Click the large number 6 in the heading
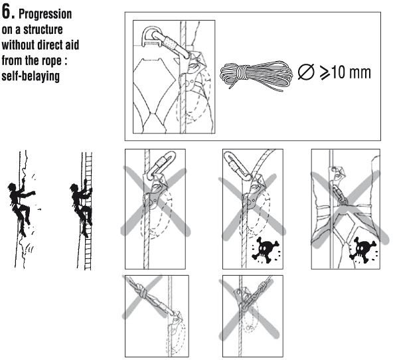click(x=7, y=13)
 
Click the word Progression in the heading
click(x=45, y=14)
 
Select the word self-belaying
click(x=31, y=76)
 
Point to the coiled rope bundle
click(x=256, y=74)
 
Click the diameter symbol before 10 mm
click(x=306, y=72)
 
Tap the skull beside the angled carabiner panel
click(x=266, y=249)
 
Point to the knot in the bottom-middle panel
click(x=263, y=286)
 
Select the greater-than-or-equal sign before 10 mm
click(x=325, y=72)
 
